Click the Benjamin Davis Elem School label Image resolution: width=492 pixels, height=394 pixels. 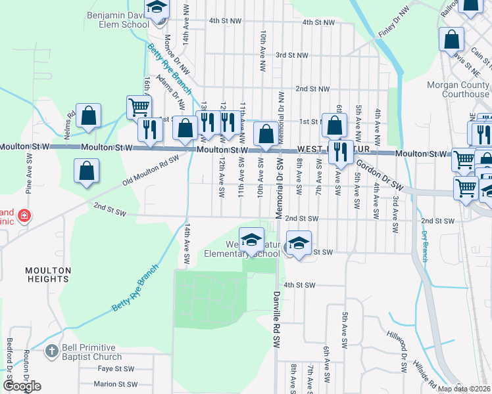[x=118, y=19]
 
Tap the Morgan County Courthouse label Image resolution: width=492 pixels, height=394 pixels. [x=458, y=89]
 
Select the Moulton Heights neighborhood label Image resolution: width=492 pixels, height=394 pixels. [x=47, y=274]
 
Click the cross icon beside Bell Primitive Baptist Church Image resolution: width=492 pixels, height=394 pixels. [x=51, y=351]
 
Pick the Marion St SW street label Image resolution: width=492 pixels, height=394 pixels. [x=115, y=384]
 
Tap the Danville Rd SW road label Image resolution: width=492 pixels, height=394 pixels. [x=276, y=320]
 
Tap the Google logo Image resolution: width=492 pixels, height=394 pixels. [x=22, y=386]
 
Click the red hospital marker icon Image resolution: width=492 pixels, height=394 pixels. [x=24, y=215]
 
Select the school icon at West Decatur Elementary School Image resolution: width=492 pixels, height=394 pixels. [x=251, y=240]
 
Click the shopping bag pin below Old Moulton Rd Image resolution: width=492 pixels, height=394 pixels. [x=87, y=172]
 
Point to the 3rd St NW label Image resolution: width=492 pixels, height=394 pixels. [x=291, y=55]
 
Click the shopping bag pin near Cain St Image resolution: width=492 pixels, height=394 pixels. [x=453, y=39]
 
